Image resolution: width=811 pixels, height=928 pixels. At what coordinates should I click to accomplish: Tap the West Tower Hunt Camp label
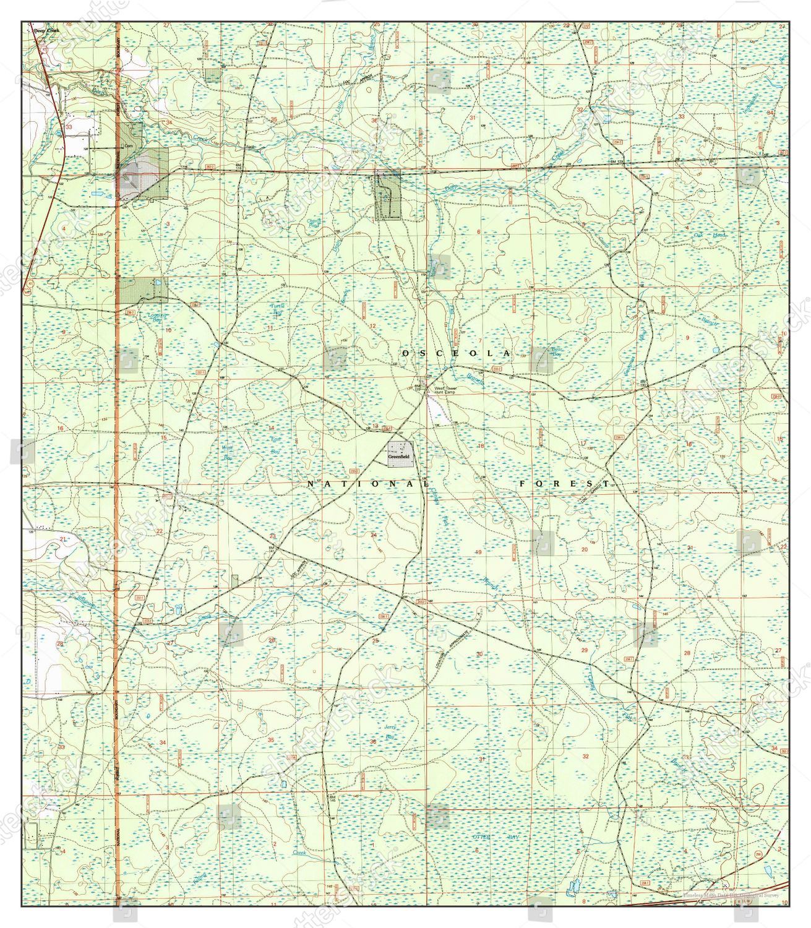pyautogui.click(x=445, y=390)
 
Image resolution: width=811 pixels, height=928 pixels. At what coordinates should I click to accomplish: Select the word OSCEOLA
pyautogui.click(x=457, y=353)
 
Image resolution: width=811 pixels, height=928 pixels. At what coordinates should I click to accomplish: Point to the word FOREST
pyautogui.click(x=565, y=483)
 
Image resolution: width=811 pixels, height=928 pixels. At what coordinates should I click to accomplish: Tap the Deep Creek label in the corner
pyautogui.click(x=45, y=30)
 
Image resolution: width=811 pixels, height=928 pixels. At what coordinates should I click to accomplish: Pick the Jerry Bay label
pyautogui.click(x=390, y=733)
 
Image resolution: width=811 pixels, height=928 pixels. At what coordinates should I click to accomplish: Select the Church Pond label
pyautogui.click(x=314, y=223)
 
